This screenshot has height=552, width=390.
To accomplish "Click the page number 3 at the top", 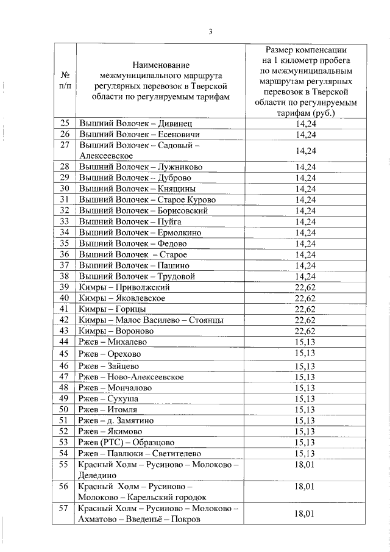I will [x=210, y=32].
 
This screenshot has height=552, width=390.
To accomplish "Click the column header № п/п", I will [x=65, y=81].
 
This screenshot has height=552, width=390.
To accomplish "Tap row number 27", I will [x=65, y=145].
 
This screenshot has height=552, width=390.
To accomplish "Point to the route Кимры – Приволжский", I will [x=124, y=287].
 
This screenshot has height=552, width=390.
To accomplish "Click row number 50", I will [x=65, y=409].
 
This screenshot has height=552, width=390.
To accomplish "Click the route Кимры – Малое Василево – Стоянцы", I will [x=151, y=320].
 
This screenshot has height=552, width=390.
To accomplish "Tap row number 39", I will [x=65, y=287].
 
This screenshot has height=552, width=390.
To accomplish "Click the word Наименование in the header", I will [x=161, y=65].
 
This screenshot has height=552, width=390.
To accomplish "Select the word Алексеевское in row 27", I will [x=106, y=156].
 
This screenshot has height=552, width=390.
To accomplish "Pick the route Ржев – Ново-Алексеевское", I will [x=131, y=376].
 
